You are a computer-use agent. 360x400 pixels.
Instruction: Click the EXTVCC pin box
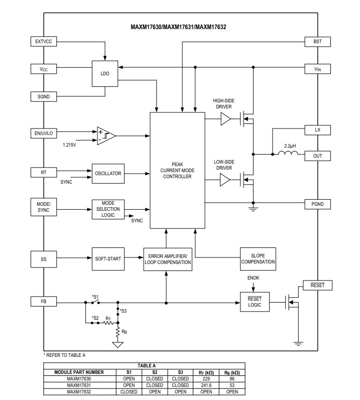point(44,42)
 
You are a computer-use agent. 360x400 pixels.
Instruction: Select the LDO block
point(105,73)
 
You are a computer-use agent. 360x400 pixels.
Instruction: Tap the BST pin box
point(317,42)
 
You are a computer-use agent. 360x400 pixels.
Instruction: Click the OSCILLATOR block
point(108,174)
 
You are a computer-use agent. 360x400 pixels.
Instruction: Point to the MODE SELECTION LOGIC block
point(108,209)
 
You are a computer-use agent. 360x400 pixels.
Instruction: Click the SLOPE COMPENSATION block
point(258,258)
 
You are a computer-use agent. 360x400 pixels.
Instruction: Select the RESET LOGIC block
point(255,302)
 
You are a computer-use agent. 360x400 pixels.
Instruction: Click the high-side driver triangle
point(225,119)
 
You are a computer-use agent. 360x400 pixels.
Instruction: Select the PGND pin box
point(317,204)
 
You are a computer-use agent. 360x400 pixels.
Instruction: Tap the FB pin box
point(44,302)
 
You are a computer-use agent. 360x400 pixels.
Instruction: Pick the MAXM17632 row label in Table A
point(79,391)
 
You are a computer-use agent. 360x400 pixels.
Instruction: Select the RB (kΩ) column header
point(232,372)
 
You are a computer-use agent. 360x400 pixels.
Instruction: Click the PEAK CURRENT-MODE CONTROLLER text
point(177,170)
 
